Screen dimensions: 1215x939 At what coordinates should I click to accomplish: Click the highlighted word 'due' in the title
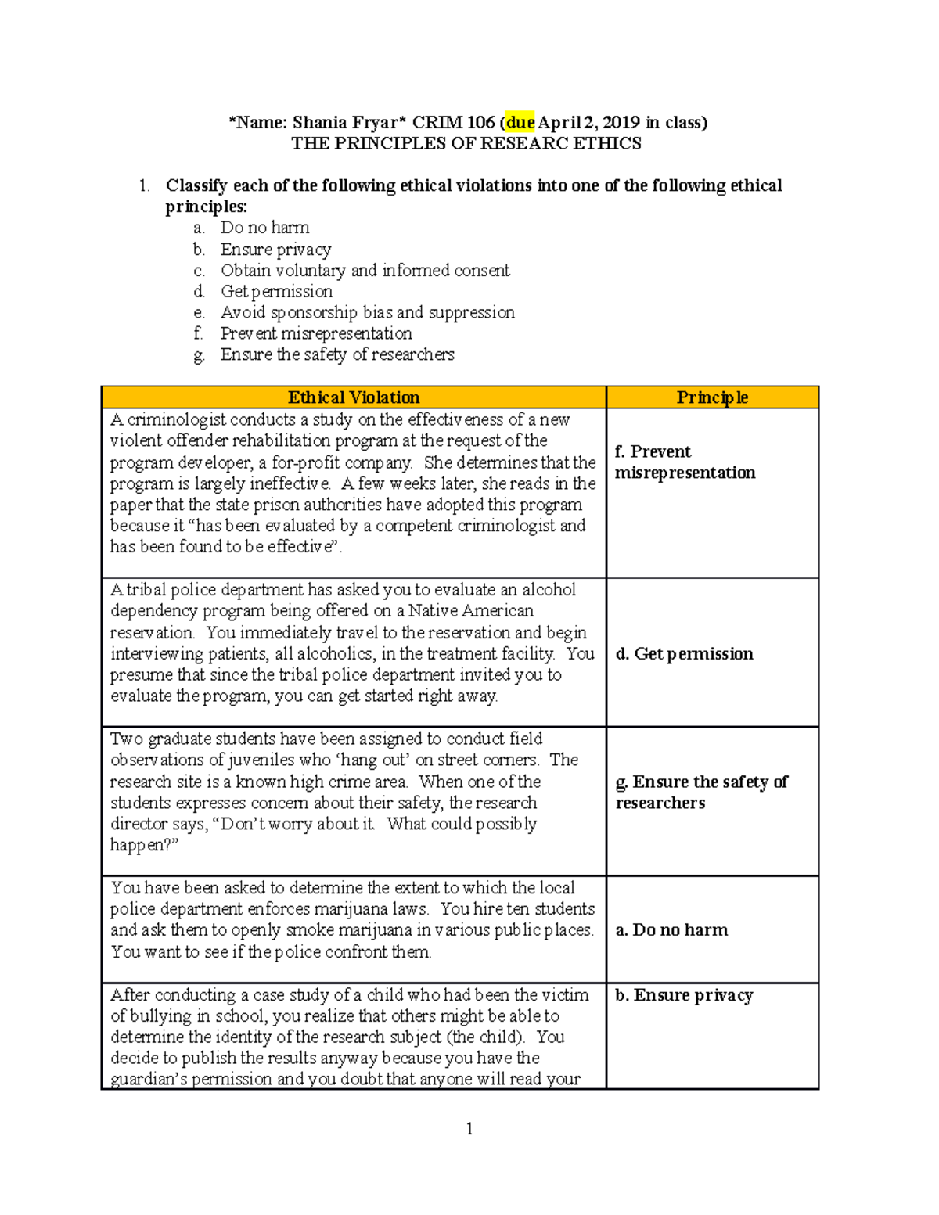(x=520, y=123)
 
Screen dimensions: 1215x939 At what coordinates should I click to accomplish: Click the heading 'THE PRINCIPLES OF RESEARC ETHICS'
(x=466, y=144)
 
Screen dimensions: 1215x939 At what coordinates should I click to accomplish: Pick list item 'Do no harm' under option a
(x=264, y=228)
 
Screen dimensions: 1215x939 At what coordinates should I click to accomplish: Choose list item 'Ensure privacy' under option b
(x=275, y=250)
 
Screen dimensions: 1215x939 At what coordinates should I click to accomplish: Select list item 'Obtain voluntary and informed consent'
(x=365, y=271)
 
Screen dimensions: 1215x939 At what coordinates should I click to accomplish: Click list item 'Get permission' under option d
(x=276, y=292)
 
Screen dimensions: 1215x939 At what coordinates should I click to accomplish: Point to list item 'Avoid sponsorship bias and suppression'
(x=367, y=313)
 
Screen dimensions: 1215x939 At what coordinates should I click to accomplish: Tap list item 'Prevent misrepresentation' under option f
(x=316, y=334)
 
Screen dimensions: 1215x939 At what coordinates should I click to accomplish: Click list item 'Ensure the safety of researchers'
(x=337, y=355)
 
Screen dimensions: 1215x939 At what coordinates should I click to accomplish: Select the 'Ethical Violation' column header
(x=354, y=397)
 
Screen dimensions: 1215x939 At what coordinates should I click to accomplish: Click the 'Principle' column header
(x=712, y=397)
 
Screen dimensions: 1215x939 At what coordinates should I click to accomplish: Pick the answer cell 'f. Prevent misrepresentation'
(x=685, y=462)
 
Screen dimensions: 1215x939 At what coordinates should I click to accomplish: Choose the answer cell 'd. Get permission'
(x=685, y=654)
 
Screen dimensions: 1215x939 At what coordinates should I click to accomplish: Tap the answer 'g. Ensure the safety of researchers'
(x=701, y=793)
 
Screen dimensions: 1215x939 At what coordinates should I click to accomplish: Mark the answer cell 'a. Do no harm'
(x=672, y=930)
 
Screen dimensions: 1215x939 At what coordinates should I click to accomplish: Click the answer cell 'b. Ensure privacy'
(x=685, y=995)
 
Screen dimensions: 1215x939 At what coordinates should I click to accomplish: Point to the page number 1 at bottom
(x=469, y=1128)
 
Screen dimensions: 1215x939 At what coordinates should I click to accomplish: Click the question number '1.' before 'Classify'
(x=144, y=186)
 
